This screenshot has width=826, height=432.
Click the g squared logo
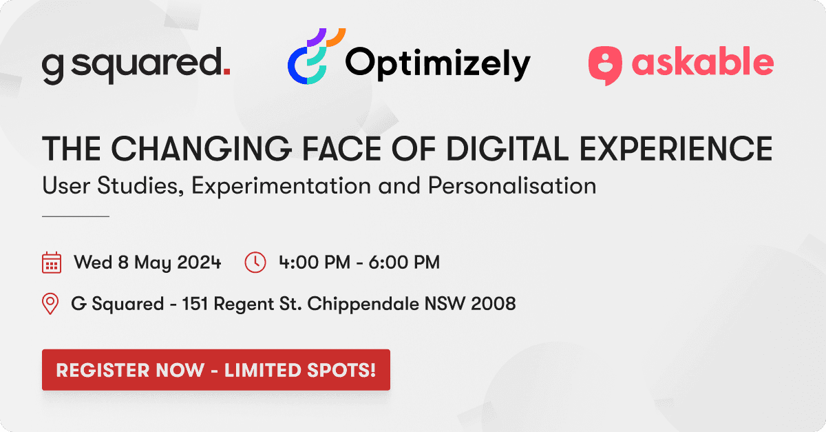(136, 65)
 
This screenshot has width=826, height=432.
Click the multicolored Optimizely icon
(317, 56)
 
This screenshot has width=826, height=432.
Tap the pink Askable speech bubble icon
(605, 65)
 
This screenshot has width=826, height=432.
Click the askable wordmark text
(703, 61)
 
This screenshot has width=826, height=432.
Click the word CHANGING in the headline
(201, 148)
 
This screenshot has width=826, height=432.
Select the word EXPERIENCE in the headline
(676, 148)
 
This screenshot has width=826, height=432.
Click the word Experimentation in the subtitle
(281, 185)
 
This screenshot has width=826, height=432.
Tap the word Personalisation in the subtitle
(512, 185)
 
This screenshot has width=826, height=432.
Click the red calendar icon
(52, 263)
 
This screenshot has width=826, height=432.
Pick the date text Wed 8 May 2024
(147, 263)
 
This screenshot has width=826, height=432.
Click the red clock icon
(255, 263)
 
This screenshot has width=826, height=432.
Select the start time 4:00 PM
(315, 263)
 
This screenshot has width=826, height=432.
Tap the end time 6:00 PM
(404, 263)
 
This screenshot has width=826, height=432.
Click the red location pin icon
(50, 304)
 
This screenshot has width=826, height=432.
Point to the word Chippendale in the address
(363, 305)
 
